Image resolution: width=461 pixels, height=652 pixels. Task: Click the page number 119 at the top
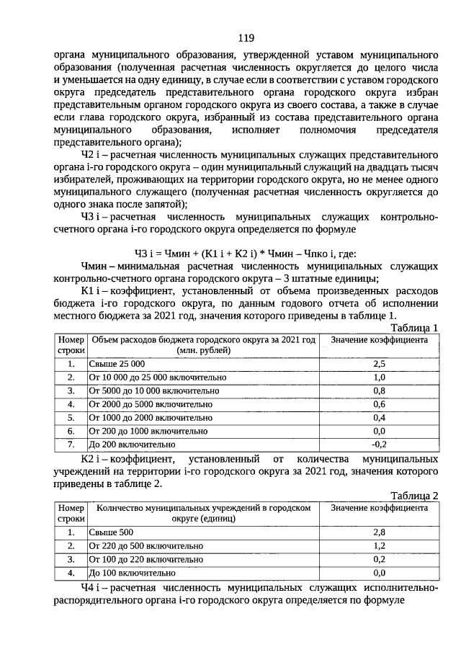point(245,38)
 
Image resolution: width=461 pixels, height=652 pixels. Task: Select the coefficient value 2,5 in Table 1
point(379,365)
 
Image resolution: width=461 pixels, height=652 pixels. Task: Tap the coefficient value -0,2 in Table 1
point(379,444)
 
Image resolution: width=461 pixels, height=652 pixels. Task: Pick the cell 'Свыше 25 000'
point(117,365)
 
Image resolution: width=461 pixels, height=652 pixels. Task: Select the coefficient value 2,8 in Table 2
point(379,532)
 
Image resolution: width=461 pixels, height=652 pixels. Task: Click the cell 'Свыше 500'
point(112,532)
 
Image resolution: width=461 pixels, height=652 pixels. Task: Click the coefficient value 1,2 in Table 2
point(379,545)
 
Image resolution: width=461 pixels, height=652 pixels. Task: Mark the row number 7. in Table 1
point(71,444)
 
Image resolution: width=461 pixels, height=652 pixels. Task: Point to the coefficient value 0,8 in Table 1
point(379,391)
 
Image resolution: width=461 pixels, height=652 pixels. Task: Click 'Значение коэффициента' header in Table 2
point(379,508)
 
